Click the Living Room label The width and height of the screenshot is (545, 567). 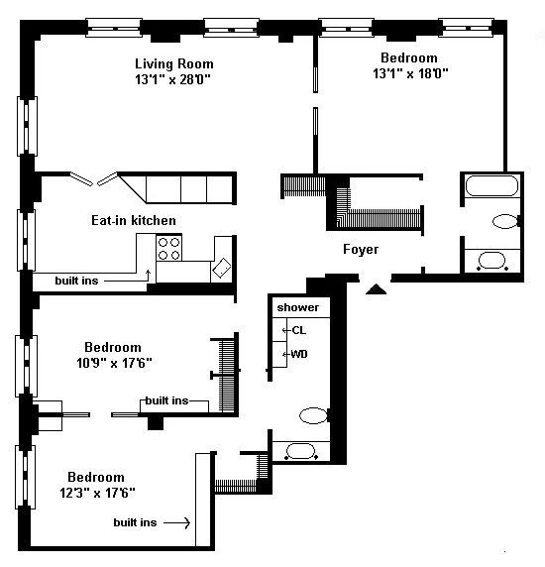pos(174,64)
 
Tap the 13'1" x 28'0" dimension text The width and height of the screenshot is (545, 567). pos(172,79)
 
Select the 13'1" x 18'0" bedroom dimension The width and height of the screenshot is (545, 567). pos(410,73)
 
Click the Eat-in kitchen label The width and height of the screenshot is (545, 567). pos(134,220)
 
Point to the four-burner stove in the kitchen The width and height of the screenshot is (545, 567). pos(168,249)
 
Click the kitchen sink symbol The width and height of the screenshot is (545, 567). pos(222,268)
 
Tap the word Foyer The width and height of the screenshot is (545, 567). pos(361,249)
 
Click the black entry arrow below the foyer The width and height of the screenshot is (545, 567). pos(376,289)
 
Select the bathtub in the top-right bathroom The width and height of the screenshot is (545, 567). pos(491,186)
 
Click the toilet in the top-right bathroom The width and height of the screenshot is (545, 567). pos(506,221)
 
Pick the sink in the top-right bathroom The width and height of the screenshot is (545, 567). pos(491,261)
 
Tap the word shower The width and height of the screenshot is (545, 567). pos(298,307)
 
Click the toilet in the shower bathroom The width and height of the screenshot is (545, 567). pos(314,415)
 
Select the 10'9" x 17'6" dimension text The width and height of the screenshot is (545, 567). pos(114,363)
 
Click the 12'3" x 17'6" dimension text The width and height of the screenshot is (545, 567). pos(97,493)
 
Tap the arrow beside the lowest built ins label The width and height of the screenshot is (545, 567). pos(176,522)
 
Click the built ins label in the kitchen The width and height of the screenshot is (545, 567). pos(76,281)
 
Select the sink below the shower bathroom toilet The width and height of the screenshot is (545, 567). pos(301,451)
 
